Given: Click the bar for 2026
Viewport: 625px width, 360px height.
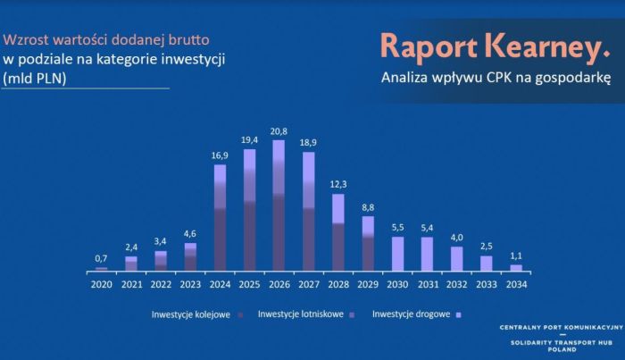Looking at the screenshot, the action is [x=279, y=205].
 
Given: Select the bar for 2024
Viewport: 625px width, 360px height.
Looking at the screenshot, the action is [x=220, y=218].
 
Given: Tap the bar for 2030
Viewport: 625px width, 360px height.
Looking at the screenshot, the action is [x=398, y=254].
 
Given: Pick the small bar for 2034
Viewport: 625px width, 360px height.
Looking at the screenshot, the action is [x=516, y=268].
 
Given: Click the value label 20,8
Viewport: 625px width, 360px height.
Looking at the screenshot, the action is [x=279, y=131].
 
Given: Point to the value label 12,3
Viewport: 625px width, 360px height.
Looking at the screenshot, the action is [x=338, y=184].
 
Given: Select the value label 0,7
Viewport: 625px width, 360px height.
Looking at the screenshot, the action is [x=101, y=258].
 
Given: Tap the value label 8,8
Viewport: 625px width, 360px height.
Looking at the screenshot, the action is [x=368, y=207].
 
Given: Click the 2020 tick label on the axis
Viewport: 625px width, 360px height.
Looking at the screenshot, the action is [x=101, y=284].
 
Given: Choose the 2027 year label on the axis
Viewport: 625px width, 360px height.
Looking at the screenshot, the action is [x=309, y=284].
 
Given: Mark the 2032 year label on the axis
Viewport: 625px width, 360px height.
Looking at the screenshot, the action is [x=457, y=284].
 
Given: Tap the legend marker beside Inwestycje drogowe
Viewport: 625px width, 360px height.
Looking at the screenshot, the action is [x=458, y=315].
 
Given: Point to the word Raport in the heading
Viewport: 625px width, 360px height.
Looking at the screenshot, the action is [x=429, y=46].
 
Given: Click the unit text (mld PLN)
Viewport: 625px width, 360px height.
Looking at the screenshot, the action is [x=35, y=78].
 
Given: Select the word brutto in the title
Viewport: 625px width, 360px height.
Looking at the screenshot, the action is [x=189, y=40].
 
